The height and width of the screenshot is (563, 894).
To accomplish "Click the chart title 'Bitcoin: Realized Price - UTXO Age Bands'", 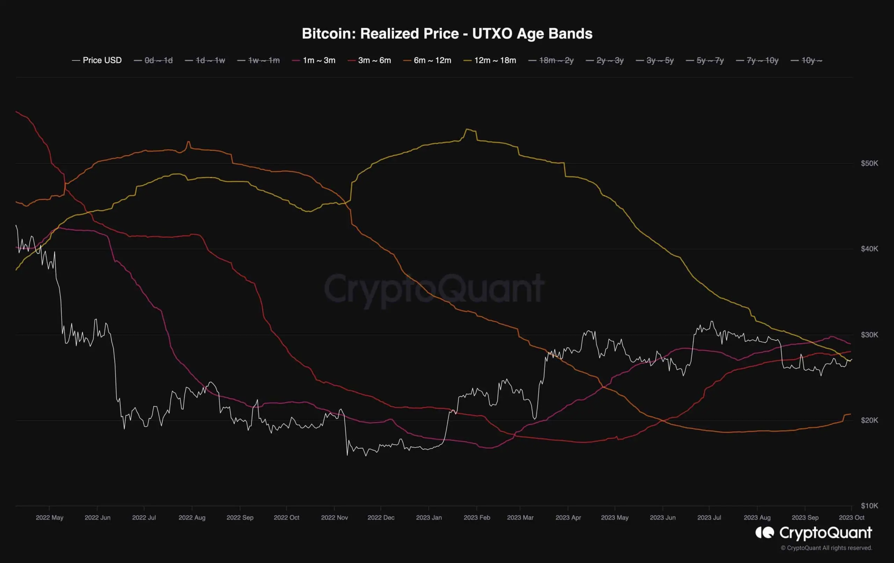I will [x=447, y=34].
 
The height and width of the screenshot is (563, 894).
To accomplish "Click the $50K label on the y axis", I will [x=869, y=163].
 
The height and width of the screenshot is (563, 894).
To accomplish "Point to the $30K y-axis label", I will [x=869, y=335].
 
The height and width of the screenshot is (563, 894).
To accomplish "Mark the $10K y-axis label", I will [x=869, y=505].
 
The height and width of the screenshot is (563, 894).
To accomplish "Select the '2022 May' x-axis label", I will [x=49, y=517].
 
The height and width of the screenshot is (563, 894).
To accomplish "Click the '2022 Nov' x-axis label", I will [x=334, y=517].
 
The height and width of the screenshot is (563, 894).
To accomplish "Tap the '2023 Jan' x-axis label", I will [x=429, y=517].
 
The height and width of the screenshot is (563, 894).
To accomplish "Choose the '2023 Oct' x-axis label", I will [x=851, y=517].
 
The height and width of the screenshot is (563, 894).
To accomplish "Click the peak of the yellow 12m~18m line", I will [x=467, y=129].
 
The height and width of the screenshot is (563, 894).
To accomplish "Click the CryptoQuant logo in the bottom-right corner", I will [x=813, y=533].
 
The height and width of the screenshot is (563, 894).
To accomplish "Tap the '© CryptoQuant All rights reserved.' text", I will [x=826, y=548].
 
